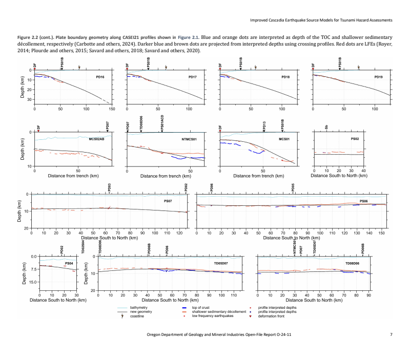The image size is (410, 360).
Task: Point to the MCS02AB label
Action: pos(96,139)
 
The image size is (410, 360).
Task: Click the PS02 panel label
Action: pos(355,139)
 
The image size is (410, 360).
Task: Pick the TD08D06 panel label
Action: pos(352,263)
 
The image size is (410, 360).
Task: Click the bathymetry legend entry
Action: pos(140,307)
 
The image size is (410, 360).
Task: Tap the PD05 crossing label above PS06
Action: pos(293,188)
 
